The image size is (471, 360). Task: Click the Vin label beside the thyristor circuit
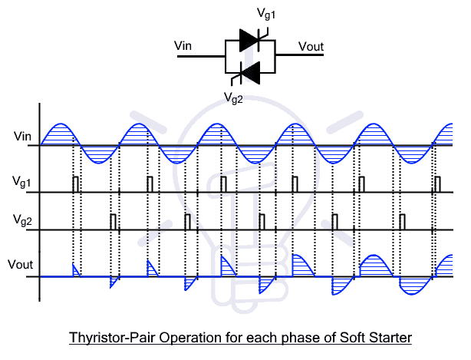click(183, 46)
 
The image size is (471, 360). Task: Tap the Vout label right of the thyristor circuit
click(311, 46)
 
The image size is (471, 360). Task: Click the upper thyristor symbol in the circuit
click(251, 40)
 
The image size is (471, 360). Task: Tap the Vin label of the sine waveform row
click(22, 137)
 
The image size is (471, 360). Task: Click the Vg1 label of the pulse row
click(22, 182)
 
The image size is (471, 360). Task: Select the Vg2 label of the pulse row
click(22, 220)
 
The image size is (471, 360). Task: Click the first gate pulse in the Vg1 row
click(75, 183)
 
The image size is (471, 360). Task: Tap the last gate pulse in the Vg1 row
click(437, 183)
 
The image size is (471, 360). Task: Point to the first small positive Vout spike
click(75, 270)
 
